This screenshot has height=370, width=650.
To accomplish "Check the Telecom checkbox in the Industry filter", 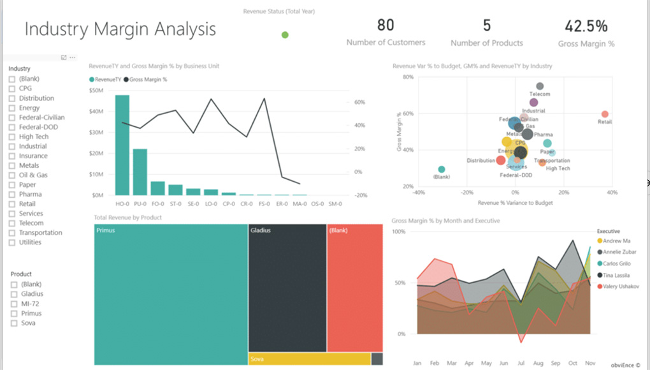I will point(11,223).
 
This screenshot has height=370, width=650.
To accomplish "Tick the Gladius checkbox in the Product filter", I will point(13,294).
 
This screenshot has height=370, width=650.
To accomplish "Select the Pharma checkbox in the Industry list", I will point(11,195).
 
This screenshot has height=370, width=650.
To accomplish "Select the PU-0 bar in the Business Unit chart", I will point(140,172).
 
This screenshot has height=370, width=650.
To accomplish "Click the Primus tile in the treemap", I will point(170,294).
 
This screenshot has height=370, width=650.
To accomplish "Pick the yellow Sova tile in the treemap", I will point(309,359).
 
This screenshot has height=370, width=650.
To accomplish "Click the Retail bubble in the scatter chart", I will point(605,114).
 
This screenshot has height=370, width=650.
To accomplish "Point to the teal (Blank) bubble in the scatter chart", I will point(442,170).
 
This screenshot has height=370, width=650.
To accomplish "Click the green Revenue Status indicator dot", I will point(285,35).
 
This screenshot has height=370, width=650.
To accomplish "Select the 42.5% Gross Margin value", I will point(586,26).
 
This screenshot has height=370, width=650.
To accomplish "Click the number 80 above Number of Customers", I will point(386,26).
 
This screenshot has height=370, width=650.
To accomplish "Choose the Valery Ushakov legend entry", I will point(618,286).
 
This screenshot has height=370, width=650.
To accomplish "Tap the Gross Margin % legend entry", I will point(148,80).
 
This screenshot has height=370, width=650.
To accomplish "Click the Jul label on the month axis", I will point(521,362).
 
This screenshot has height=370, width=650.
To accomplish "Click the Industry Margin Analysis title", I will point(120,29).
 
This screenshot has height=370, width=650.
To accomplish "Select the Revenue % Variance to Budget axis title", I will point(515,203).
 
